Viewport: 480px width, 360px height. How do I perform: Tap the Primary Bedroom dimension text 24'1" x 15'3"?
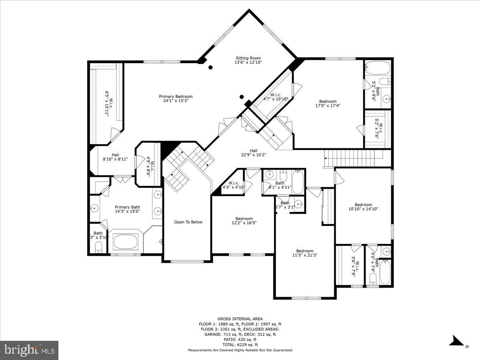coord(176,101)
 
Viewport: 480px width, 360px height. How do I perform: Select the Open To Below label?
coord(188,222)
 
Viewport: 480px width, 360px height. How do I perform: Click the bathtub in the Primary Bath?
coord(126,242)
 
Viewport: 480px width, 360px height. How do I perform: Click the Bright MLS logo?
coord(29,350)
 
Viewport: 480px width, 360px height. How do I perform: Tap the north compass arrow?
coord(456,341)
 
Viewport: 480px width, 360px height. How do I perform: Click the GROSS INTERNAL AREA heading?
coord(240,319)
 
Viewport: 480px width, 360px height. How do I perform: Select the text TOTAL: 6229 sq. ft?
coord(240,345)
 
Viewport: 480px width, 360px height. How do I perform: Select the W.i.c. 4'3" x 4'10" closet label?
coord(234,185)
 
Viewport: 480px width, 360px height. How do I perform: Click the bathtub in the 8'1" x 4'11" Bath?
coord(297,182)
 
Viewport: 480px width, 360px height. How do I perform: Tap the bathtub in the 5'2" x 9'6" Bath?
coord(378,68)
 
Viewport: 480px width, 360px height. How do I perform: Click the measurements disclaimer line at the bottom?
coord(240,350)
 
